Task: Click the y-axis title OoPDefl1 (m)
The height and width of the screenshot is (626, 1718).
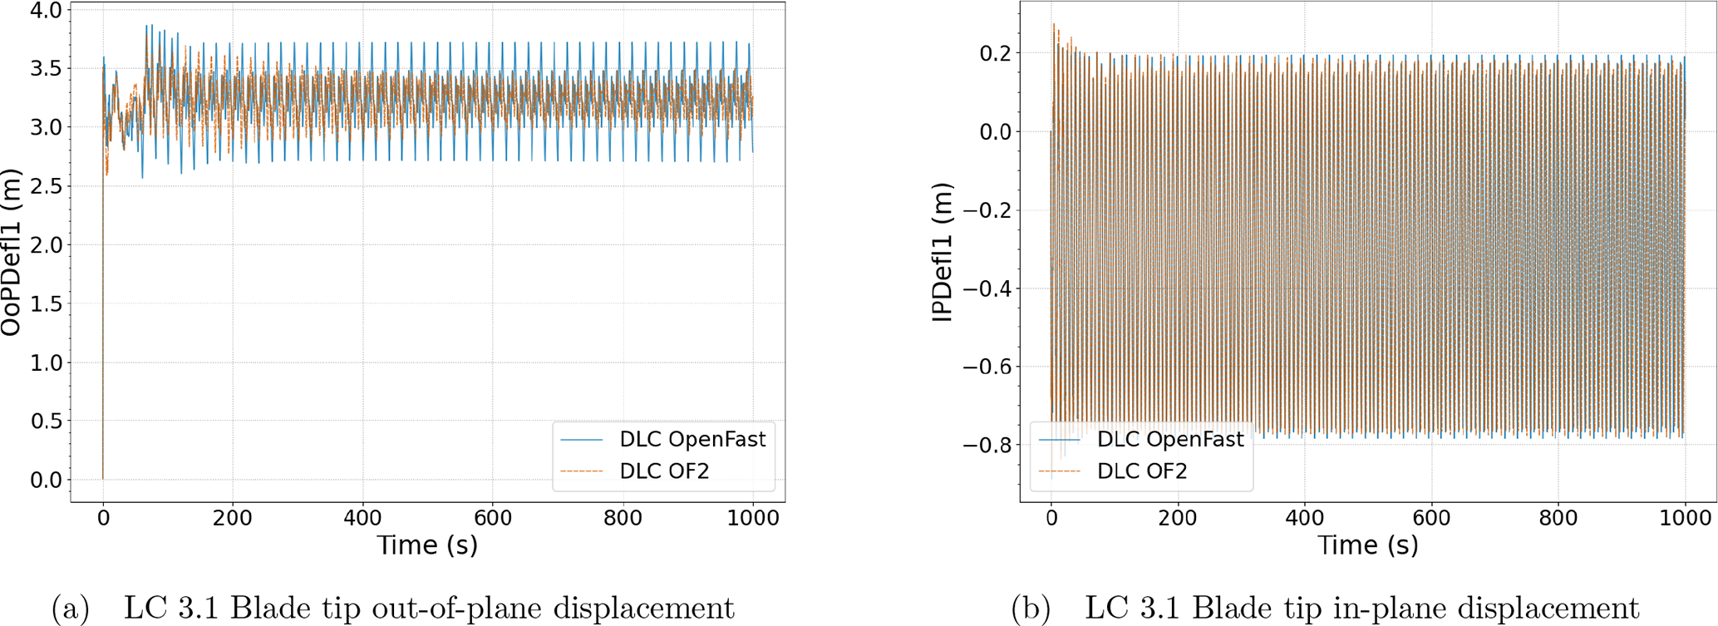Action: [x=11, y=252]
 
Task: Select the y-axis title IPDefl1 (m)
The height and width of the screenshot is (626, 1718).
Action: [x=942, y=252]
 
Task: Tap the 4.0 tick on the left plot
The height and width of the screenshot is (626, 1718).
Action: [x=46, y=10]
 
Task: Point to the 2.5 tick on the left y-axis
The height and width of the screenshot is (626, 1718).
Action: [x=46, y=186]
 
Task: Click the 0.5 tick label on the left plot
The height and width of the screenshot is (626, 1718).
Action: [x=46, y=421]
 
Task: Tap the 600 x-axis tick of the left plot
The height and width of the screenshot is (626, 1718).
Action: [x=493, y=518]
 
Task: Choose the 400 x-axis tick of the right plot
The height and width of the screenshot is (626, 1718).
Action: [x=1304, y=518]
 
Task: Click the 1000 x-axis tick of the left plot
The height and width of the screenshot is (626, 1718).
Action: [x=753, y=518]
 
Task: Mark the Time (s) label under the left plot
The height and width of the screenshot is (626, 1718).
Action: [x=427, y=545]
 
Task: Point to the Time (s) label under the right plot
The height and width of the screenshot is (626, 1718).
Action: [x=1367, y=545]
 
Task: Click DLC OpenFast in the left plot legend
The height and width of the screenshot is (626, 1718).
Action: [x=692, y=439]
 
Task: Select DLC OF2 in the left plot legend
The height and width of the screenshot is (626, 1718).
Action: [x=664, y=471]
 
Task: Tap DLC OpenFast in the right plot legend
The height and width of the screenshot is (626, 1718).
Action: [x=1170, y=439]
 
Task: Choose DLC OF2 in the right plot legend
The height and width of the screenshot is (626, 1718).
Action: [x=1142, y=471]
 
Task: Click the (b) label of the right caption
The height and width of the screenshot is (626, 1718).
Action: [x=1031, y=609]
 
